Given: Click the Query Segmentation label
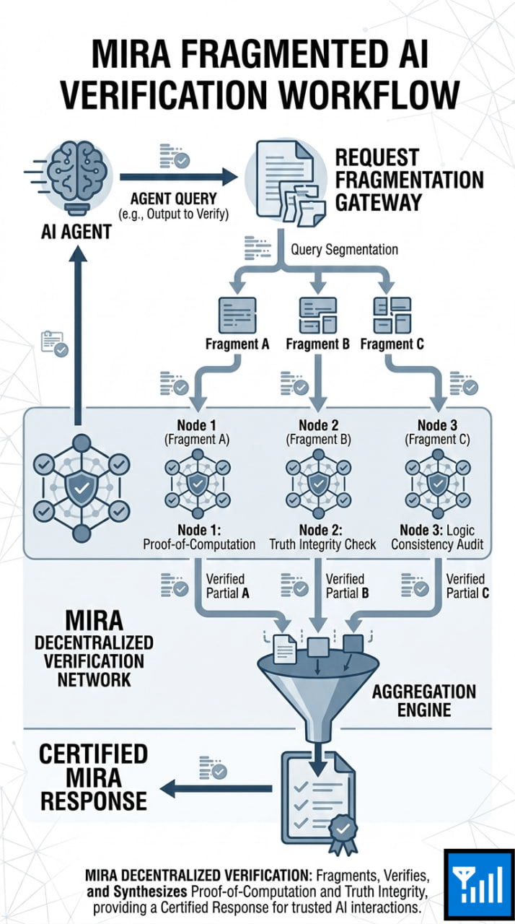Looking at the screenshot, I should coord(344,250).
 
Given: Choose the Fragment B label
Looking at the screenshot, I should coord(317,344).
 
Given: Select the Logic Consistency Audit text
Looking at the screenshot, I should coord(437,544).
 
